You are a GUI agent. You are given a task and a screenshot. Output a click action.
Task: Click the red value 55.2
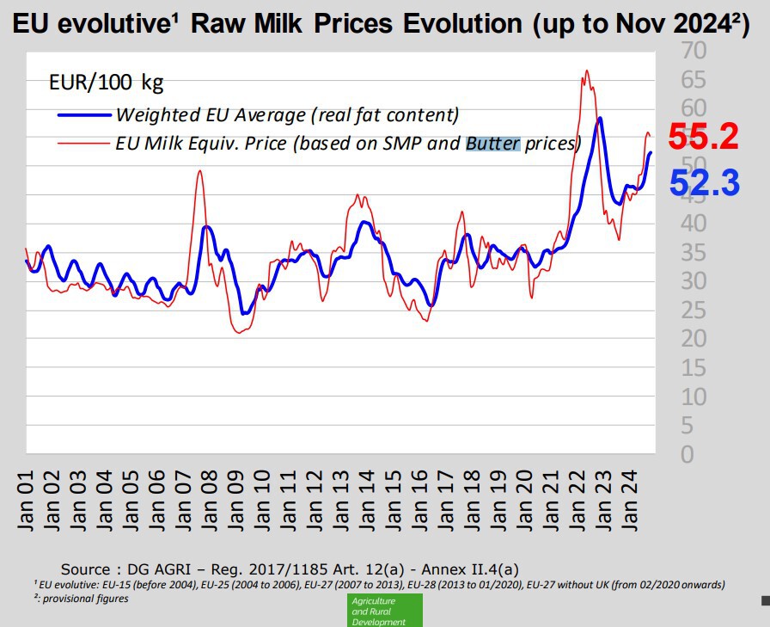[x=704, y=138]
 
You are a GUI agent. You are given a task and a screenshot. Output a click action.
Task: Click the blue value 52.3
[x=704, y=182]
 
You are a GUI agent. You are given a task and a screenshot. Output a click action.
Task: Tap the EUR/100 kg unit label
[x=106, y=83]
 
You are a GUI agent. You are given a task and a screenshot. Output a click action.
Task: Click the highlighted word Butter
[x=492, y=143]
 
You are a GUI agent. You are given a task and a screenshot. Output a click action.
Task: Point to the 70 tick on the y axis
[x=694, y=51]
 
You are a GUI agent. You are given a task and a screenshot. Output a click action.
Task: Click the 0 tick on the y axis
[x=687, y=454]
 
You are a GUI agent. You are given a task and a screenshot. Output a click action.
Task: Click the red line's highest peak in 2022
[x=586, y=71]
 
